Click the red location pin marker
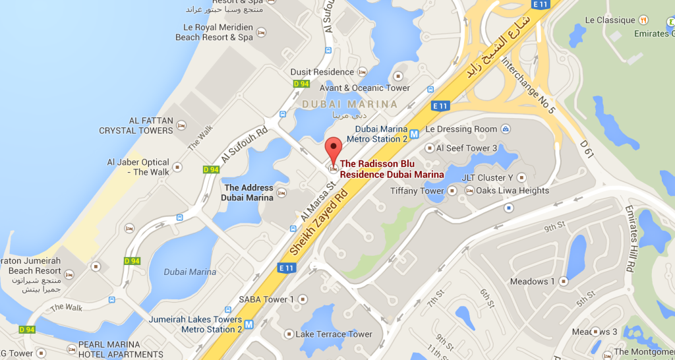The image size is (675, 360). click(334, 149)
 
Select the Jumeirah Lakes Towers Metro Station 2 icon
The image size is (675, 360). click(249, 324)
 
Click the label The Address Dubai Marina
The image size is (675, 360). click(248, 193)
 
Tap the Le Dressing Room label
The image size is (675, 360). click(461, 129)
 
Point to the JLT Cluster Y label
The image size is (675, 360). click(487, 177)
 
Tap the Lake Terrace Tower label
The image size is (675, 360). click(334, 334)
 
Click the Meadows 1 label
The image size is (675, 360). click(533, 282)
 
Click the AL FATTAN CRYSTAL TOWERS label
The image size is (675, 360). click(136, 125)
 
